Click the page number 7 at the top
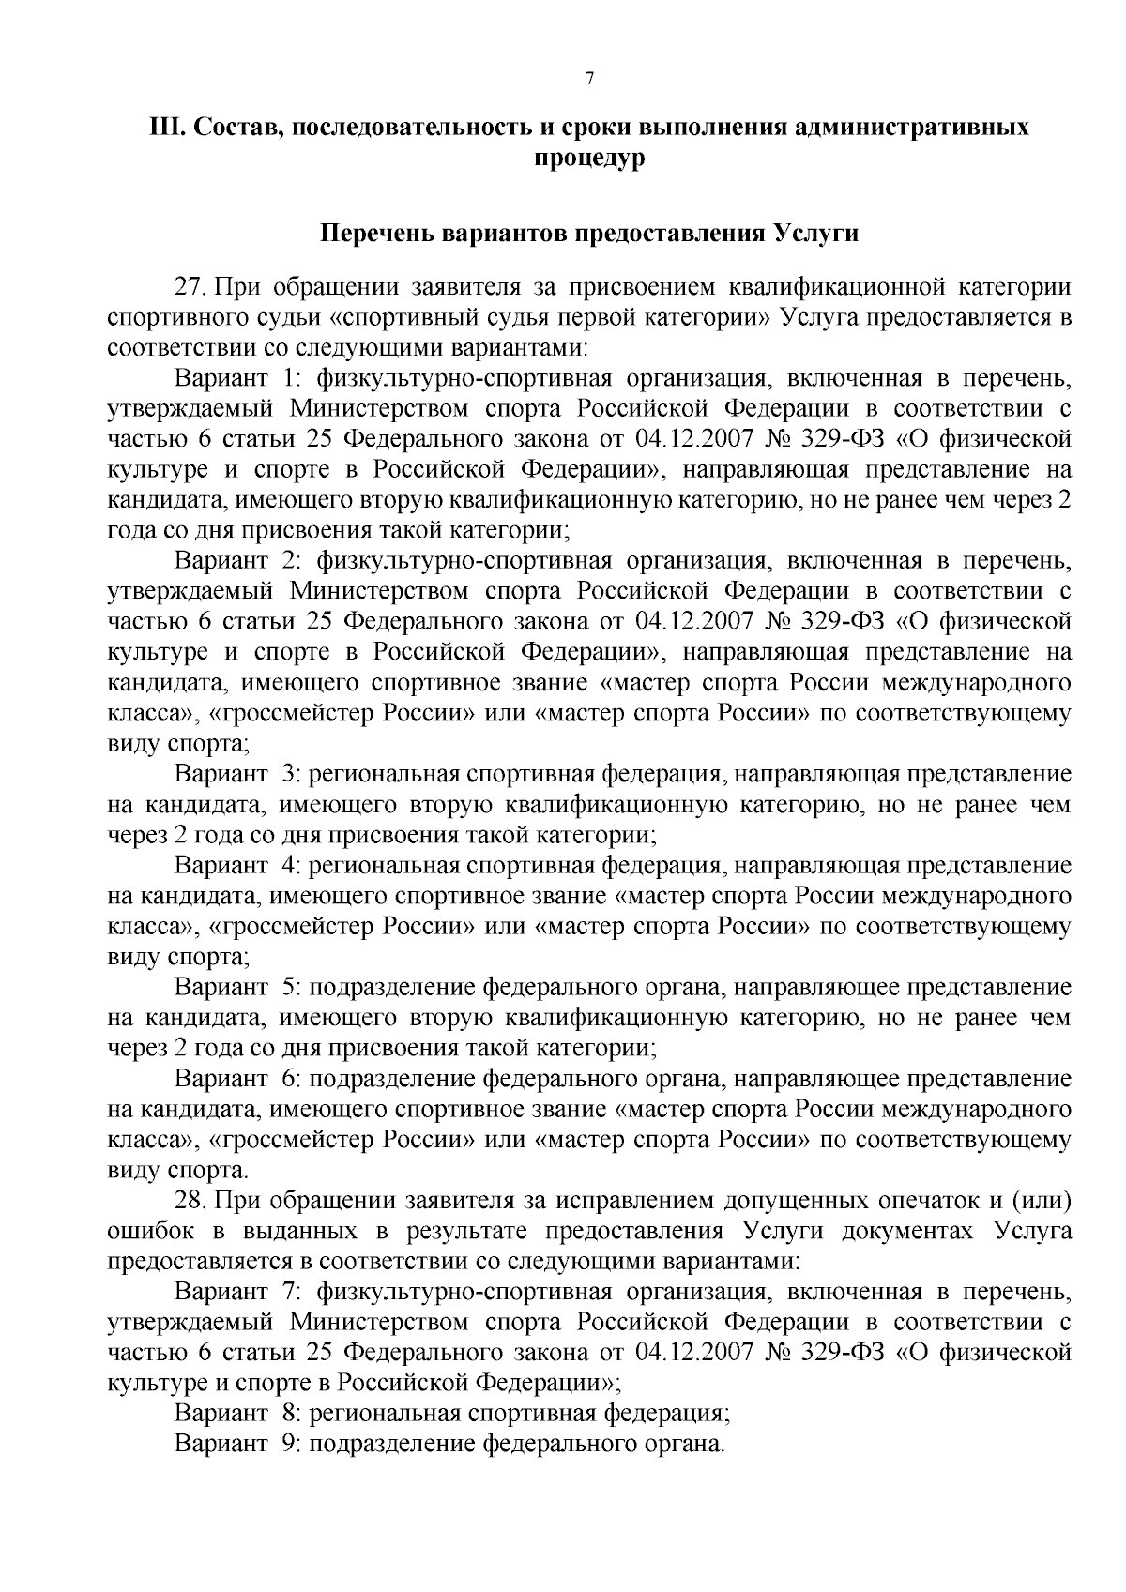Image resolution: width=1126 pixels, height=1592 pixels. tap(589, 80)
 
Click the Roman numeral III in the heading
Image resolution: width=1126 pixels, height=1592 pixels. tap(165, 129)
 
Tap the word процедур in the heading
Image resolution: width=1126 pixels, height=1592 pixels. tap(589, 159)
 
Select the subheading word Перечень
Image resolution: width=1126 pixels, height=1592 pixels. tap(377, 233)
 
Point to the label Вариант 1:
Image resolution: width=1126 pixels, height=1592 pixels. tap(236, 379)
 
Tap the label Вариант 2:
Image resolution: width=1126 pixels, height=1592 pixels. tap(236, 561)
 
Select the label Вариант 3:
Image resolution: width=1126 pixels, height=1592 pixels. tap(236, 775)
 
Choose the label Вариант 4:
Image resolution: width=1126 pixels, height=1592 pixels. tap(236, 866)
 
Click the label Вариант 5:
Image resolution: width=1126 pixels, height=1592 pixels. tap(236, 987)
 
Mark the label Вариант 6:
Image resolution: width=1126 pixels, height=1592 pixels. tap(236, 1079)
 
